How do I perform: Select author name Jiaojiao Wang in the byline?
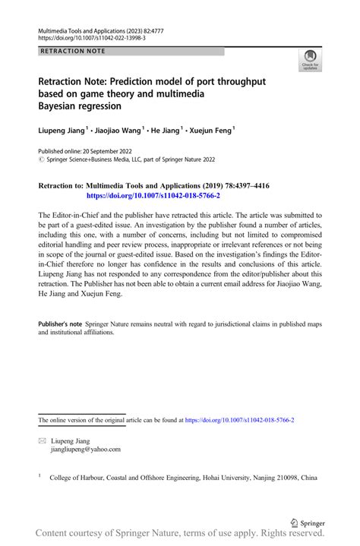[x=120, y=130]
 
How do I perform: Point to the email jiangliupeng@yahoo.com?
[x=85, y=450]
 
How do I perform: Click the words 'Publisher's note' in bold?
[x=60, y=324]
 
